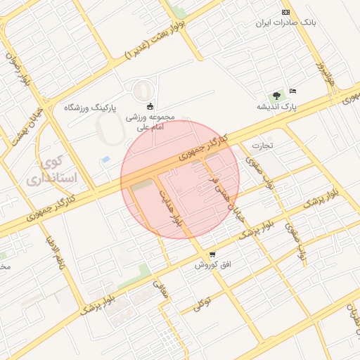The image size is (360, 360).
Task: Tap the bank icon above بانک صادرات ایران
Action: (x=285, y=12)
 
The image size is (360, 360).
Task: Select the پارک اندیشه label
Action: (x=277, y=106)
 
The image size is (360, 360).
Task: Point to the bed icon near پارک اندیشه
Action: (x=293, y=91)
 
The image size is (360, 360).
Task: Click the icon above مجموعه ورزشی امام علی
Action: (x=150, y=105)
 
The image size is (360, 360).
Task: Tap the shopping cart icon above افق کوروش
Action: (x=212, y=254)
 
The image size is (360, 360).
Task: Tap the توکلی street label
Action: (x=203, y=304)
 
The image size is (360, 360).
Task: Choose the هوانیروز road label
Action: (x=326, y=72)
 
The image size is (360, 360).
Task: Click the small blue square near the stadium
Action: (x=105, y=160)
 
